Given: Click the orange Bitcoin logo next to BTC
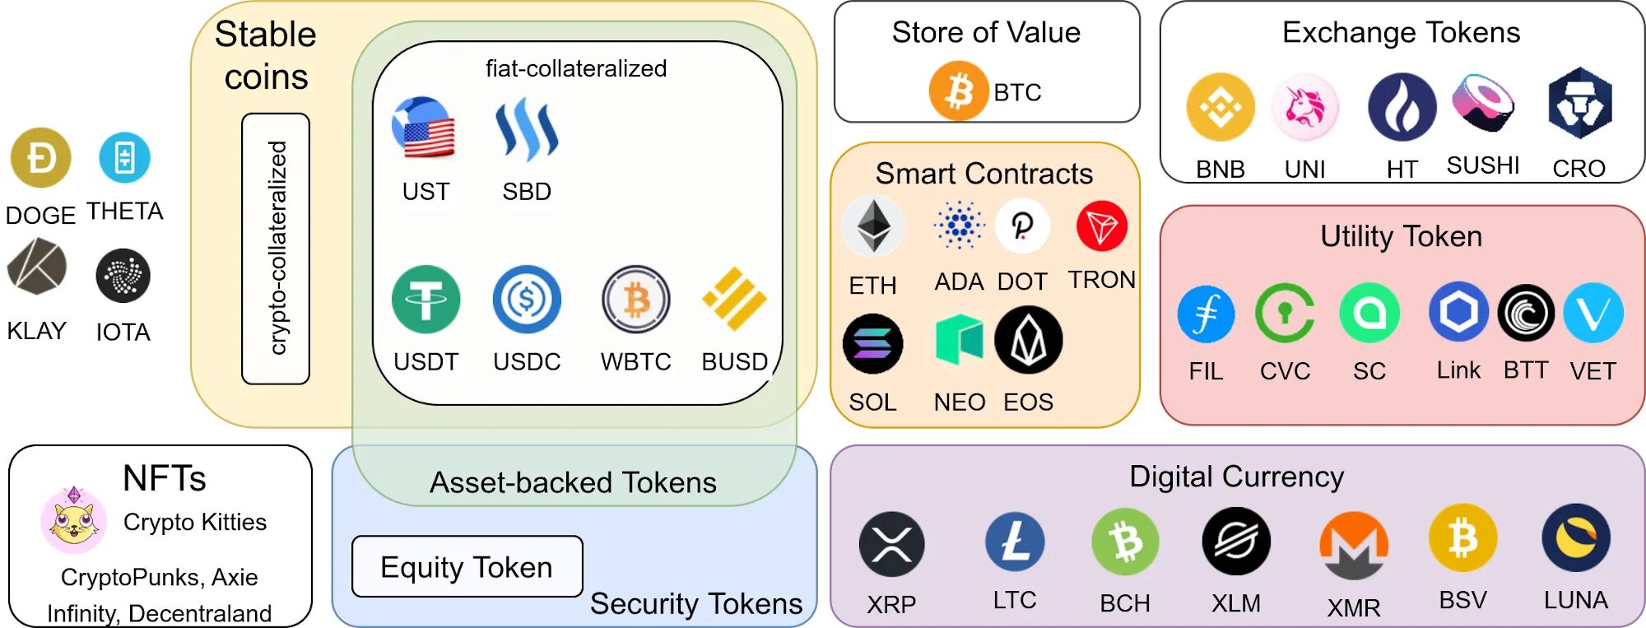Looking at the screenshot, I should click(x=958, y=91).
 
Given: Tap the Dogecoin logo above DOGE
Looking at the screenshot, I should click(x=41, y=157).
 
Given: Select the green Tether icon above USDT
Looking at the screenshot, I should click(x=425, y=299).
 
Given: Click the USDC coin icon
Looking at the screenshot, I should click(x=527, y=299).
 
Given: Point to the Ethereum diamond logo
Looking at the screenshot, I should click(x=873, y=226).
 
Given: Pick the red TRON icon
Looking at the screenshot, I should click(x=1101, y=226).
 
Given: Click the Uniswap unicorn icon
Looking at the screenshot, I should click(x=1304, y=107).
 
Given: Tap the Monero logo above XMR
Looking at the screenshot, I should click(x=1353, y=545).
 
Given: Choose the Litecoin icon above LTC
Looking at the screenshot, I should click(x=1015, y=542).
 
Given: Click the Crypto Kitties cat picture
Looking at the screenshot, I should click(x=73, y=520).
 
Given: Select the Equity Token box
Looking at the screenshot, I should click(x=467, y=567).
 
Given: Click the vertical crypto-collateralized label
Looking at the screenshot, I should click(x=277, y=249).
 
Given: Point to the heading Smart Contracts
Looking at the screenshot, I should click(x=983, y=174).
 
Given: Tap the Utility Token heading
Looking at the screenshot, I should click(x=1401, y=237).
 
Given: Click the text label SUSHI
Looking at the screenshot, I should click(x=1483, y=165).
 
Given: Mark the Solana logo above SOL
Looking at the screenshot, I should click(x=872, y=343).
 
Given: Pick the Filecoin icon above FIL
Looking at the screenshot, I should click(x=1206, y=314).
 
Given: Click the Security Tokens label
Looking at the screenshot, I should click(x=695, y=604).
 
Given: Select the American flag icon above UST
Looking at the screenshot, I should click(x=425, y=128).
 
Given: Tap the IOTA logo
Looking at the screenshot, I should click(x=123, y=276).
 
